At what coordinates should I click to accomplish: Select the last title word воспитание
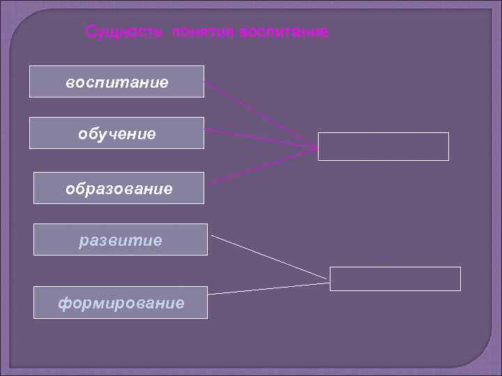click(283, 32)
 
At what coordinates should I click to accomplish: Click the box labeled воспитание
click(116, 81)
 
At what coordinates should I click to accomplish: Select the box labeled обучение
click(116, 133)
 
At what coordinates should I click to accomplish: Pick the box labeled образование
click(119, 188)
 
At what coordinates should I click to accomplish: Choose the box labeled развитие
click(121, 240)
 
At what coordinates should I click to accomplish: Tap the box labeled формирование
click(121, 302)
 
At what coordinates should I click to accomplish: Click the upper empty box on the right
click(383, 146)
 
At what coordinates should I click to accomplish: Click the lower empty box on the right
click(395, 279)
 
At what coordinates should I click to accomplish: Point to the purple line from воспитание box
click(258, 112)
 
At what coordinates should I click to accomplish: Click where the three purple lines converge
click(316, 146)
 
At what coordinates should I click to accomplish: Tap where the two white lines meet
click(327, 280)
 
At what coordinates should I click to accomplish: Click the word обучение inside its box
click(116, 133)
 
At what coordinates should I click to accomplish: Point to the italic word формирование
click(121, 303)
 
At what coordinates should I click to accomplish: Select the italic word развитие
click(121, 240)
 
